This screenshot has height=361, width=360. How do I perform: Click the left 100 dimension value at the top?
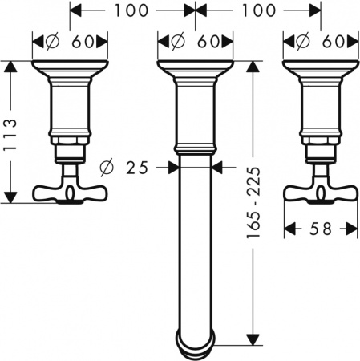pos(132,12)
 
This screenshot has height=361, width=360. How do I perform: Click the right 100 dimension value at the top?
pos(258,12)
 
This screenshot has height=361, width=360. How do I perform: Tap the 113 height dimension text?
pos(11,131)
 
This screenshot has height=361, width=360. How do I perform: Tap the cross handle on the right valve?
pos(321,192)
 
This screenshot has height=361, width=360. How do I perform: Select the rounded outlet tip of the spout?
pos(195,343)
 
